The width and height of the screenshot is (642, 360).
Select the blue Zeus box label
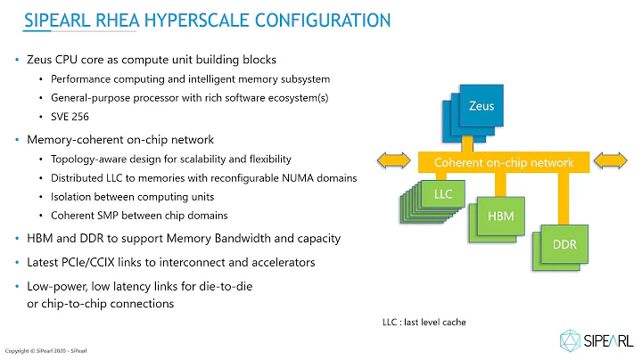481,106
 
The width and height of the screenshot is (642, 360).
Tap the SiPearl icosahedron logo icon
572,339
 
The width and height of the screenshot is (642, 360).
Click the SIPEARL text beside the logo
612,340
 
